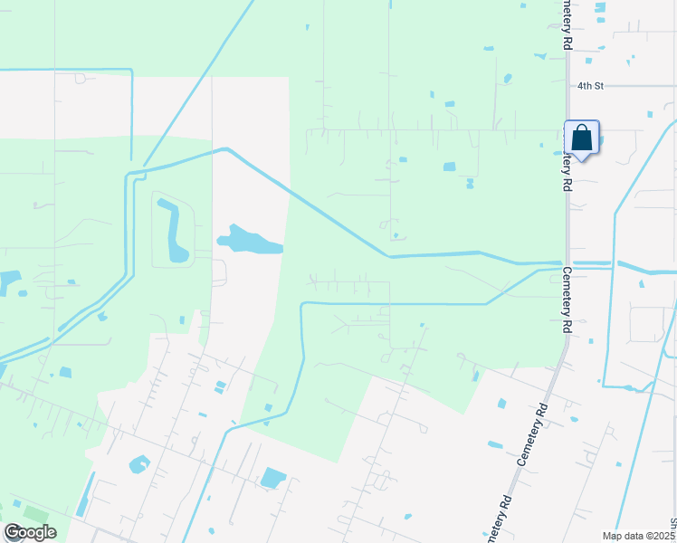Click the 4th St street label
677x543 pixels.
click(590, 86)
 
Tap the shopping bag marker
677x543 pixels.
click(582, 138)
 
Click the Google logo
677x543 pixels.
click(29, 532)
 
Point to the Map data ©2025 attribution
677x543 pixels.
click(639, 536)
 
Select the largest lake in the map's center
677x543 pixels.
click(247, 241)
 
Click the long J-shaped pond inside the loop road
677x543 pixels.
click(174, 232)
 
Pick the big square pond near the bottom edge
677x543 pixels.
click(272, 478)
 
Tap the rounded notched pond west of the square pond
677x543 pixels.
click(139, 465)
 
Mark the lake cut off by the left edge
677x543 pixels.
click(8, 281)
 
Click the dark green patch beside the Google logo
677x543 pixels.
click(36, 513)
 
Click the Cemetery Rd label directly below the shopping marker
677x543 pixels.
click(568, 163)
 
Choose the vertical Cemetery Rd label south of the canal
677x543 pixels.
click(568, 299)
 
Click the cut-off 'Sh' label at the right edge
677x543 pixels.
click(672, 525)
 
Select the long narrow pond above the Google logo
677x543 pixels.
click(83, 497)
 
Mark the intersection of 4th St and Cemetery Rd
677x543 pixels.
click(567, 86)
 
